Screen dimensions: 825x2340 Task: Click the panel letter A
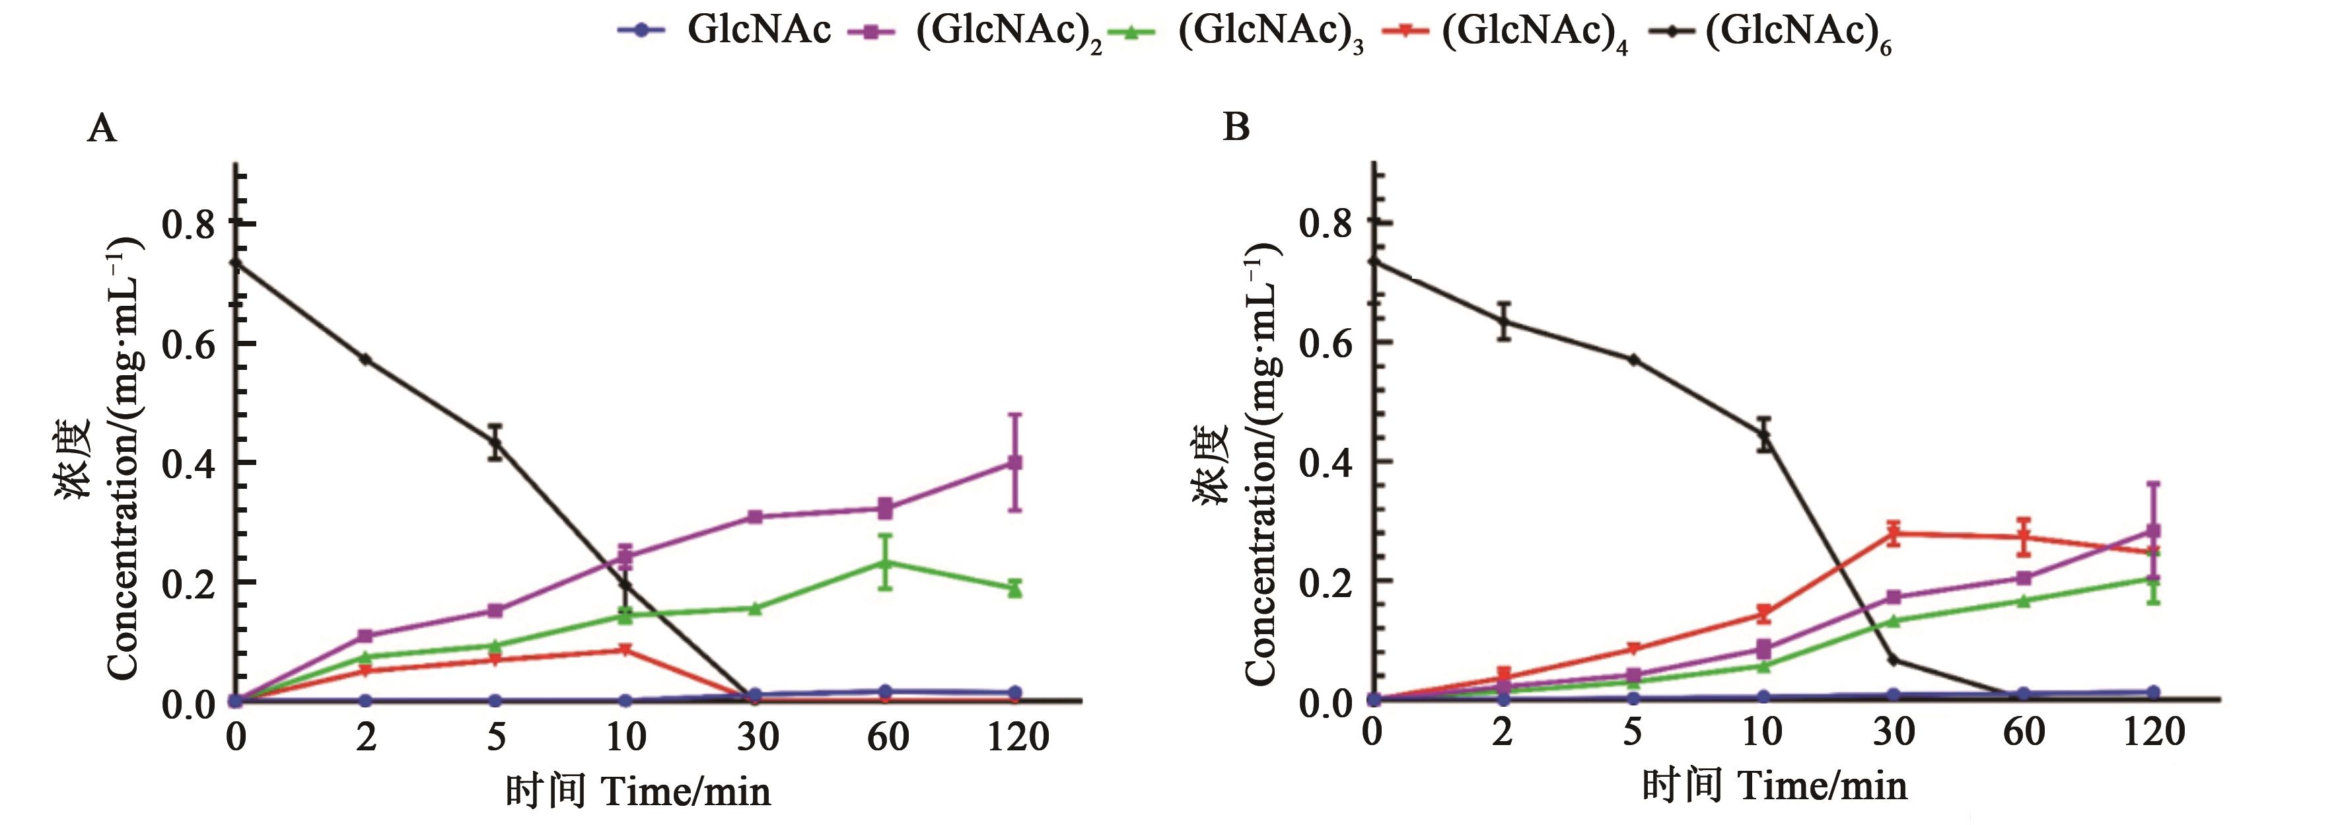click(x=102, y=129)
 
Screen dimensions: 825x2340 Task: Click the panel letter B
click(x=1236, y=127)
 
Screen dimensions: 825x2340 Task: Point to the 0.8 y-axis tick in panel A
click(x=189, y=223)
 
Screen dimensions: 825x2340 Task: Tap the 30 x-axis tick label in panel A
click(x=757, y=736)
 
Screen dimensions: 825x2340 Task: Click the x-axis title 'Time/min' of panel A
click(x=686, y=791)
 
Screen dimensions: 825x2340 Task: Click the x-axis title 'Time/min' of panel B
click(x=1822, y=785)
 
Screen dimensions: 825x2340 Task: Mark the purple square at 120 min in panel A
click(x=1014, y=462)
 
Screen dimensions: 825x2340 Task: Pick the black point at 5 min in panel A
click(x=496, y=443)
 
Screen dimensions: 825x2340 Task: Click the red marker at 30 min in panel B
click(x=1894, y=533)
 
